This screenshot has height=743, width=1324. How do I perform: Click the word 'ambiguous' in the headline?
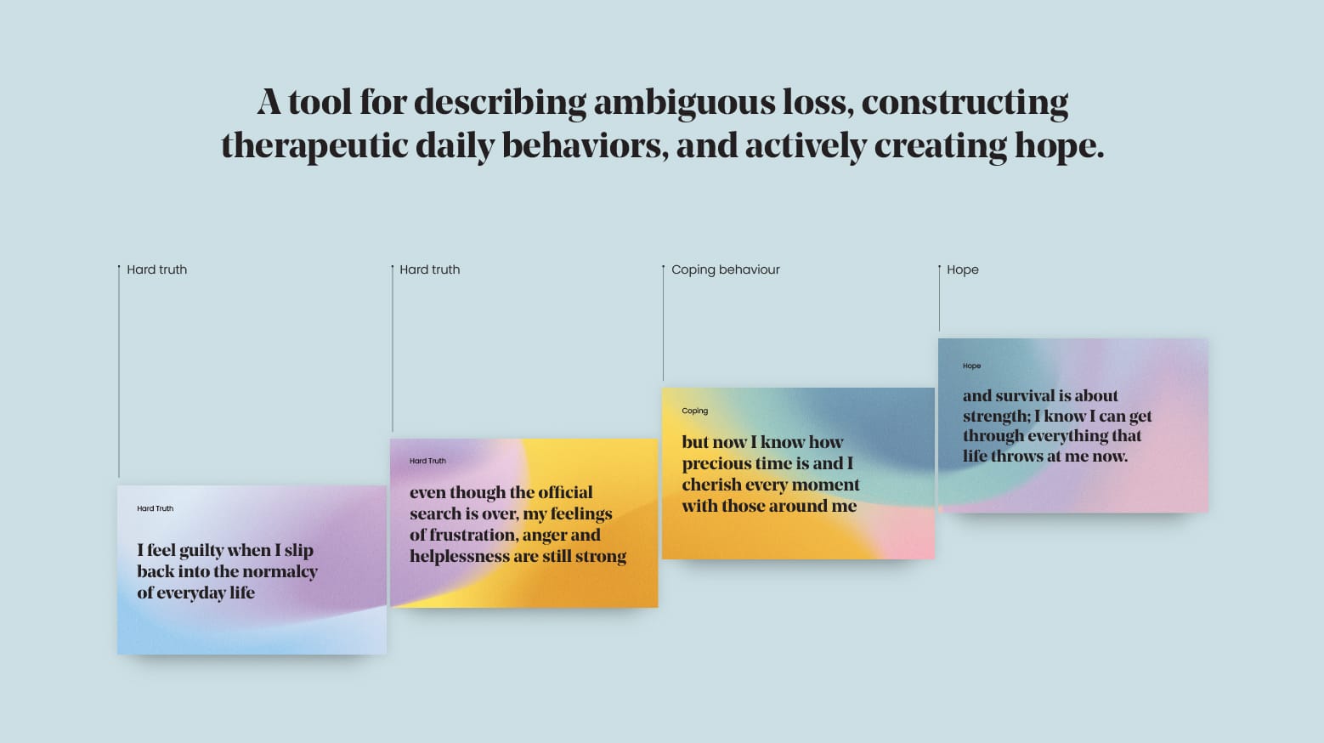click(x=684, y=103)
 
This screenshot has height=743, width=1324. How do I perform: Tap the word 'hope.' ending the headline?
click(x=1059, y=146)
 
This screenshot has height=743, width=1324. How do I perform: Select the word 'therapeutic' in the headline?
click(x=314, y=146)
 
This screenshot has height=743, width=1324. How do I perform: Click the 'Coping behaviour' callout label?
click(x=725, y=269)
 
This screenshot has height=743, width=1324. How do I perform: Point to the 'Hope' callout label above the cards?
click(x=963, y=269)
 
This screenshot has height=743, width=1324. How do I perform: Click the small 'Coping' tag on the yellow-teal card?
click(x=694, y=411)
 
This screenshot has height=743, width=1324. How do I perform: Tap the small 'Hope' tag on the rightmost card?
click(x=971, y=366)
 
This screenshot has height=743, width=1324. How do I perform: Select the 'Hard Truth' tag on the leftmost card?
click(x=156, y=508)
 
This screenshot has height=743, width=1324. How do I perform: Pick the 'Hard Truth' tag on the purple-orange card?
click(x=428, y=461)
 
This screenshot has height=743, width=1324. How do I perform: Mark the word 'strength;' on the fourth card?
click(x=997, y=417)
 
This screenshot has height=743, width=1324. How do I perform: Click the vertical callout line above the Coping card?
click(x=663, y=323)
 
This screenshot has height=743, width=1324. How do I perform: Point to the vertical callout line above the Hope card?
click(x=939, y=298)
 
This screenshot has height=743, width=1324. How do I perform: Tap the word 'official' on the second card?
click(x=566, y=492)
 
